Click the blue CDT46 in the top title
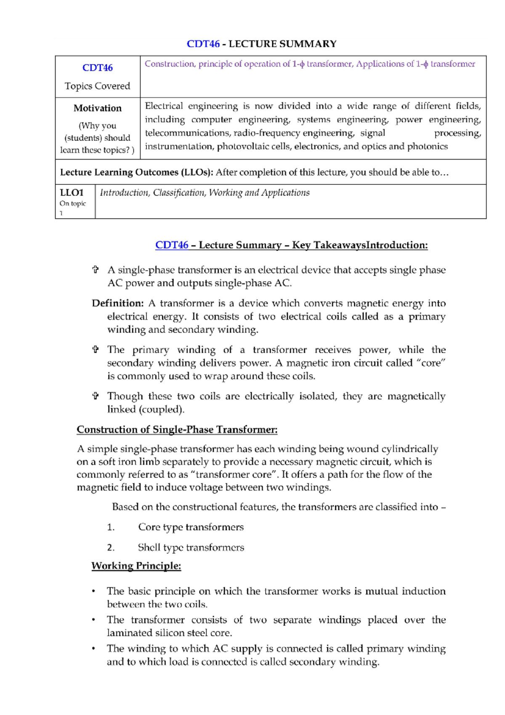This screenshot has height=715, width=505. point(203,44)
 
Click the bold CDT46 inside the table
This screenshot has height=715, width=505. point(97,68)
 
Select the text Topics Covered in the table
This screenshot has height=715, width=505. point(97,86)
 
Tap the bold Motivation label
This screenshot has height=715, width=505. point(97,108)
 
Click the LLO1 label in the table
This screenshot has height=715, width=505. point(72,193)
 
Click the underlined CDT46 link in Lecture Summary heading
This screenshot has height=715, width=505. point(172,245)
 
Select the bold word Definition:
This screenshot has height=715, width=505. point(118,303)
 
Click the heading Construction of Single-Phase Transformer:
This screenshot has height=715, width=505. point(177,430)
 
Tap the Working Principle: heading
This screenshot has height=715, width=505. point(136,566)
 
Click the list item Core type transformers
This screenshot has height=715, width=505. point(191,527)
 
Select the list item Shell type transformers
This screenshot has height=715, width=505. point(191,547)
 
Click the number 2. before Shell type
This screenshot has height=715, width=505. point(111,548)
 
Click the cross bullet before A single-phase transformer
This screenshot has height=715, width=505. point(96,270)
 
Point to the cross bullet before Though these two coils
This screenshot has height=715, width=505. point(96,396)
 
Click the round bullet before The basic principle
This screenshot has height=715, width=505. point(93,592)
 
